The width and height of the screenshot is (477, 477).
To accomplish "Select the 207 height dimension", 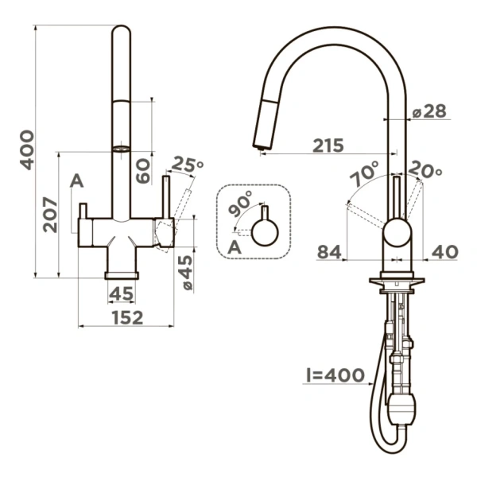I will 48,214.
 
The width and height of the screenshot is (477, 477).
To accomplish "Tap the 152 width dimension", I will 126,318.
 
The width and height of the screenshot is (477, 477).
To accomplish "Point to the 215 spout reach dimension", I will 328,145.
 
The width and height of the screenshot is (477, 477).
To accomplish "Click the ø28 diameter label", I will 429,112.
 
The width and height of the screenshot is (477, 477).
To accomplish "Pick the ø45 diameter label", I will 184,271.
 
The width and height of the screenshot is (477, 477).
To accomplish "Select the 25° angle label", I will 188,165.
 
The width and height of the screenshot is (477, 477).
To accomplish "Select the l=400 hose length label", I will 334,374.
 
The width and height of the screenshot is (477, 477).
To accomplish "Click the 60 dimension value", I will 143,170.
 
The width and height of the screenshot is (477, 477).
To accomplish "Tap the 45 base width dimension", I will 121,294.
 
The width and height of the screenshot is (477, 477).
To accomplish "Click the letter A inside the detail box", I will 234,247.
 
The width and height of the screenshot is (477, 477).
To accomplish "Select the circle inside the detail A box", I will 265,234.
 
